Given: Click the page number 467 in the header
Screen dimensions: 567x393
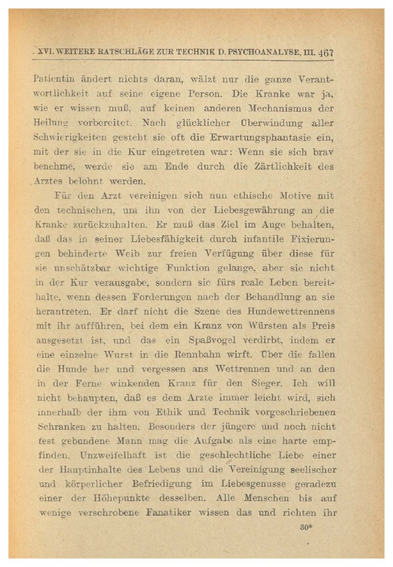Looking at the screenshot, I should [325, 51].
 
